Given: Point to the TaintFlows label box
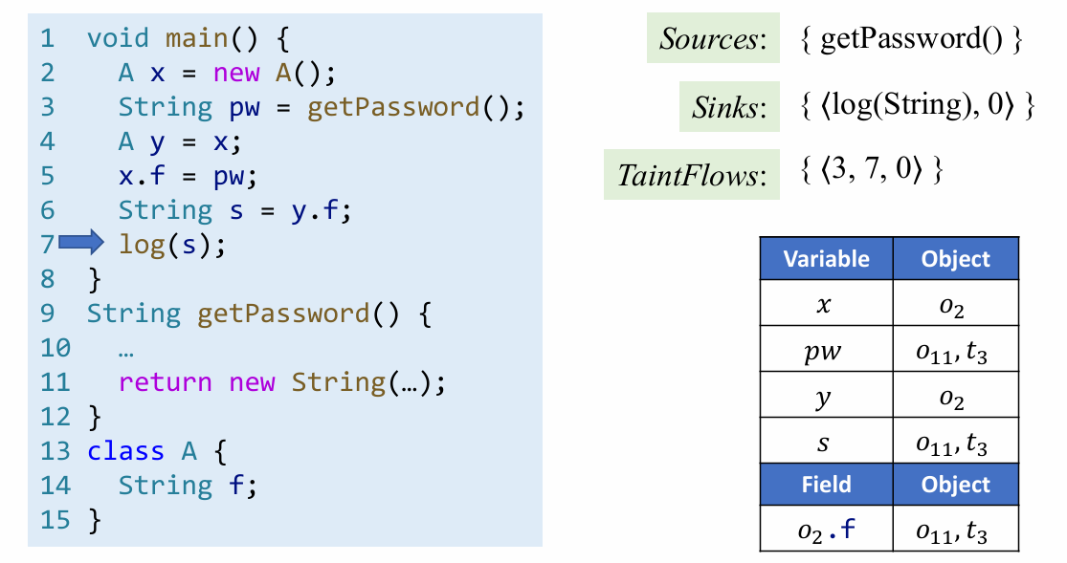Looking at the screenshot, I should pos(692,174).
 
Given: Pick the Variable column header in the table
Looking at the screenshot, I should pos(826,259).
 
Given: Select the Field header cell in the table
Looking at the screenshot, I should pos(826,484).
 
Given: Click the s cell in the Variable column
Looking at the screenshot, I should pos(826,444).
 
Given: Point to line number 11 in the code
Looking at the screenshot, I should pos(56,382).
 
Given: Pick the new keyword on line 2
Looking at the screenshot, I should pos(235,73).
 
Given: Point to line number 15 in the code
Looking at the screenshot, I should pos(56,520).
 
